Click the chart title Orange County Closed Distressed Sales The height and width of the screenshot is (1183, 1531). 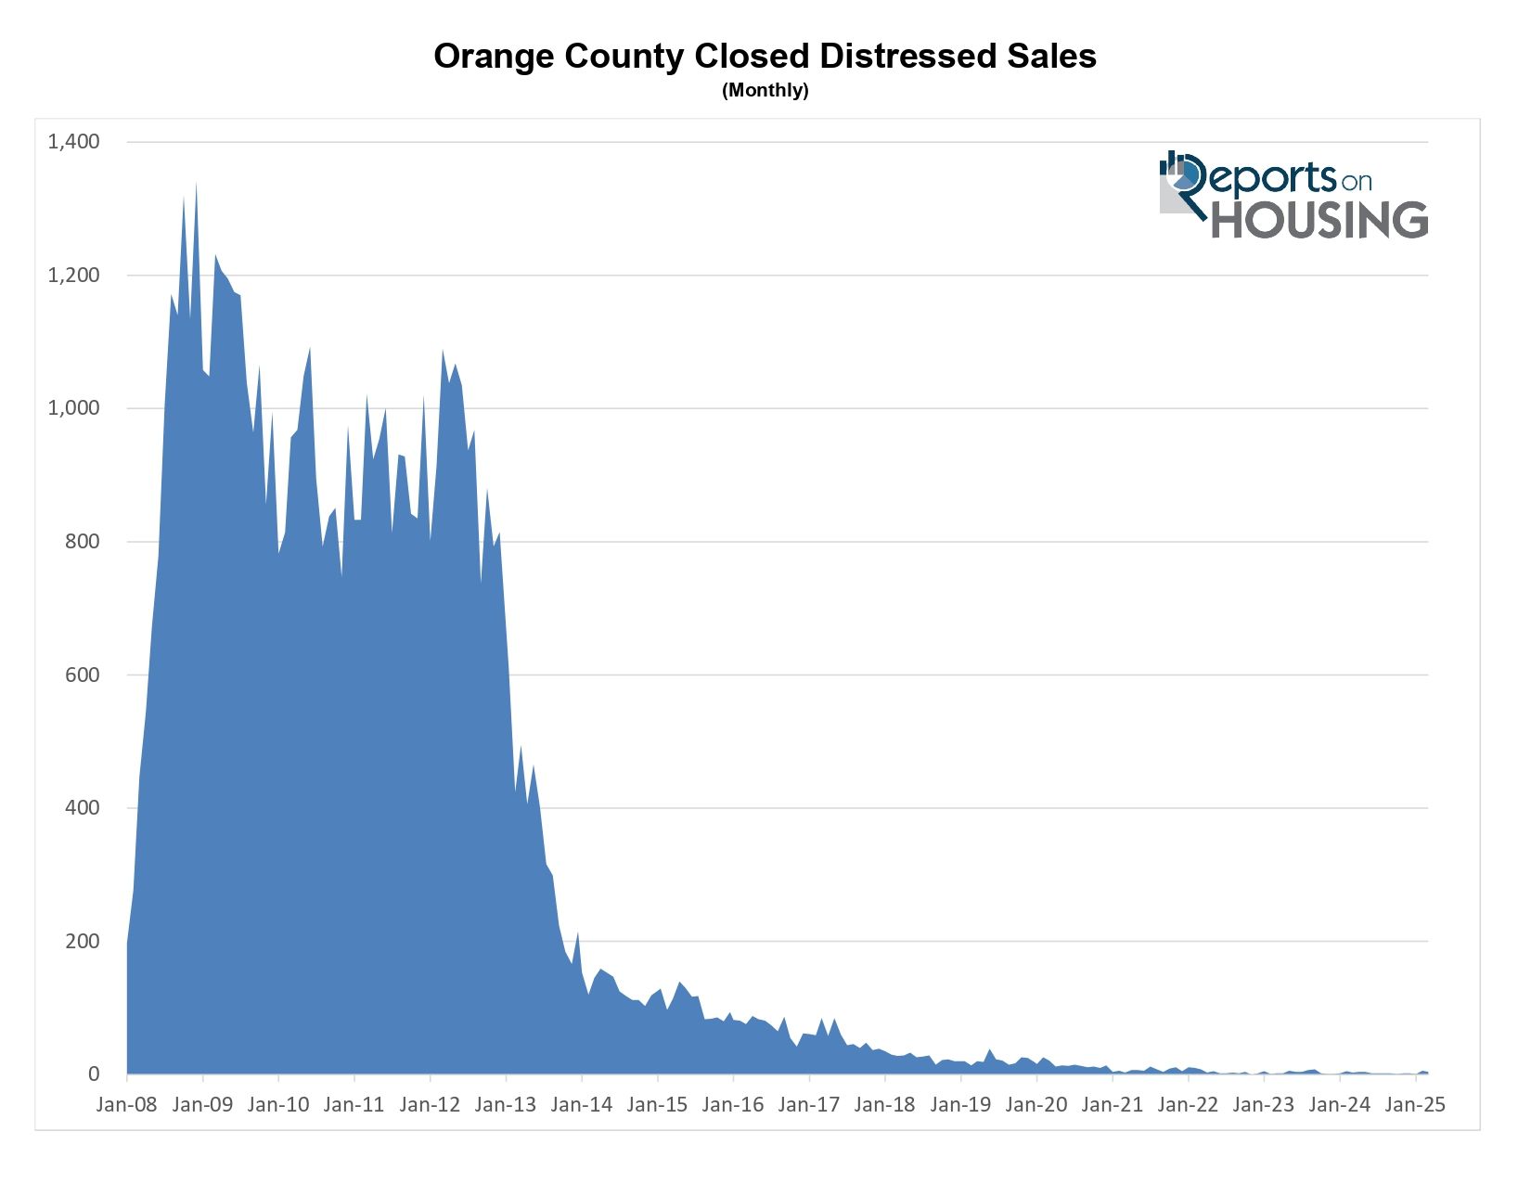coord(765,57)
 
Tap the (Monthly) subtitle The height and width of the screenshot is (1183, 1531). coord(765,91)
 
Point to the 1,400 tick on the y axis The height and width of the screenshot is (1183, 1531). coord(74,142)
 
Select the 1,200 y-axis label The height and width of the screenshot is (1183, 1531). coord(74,276)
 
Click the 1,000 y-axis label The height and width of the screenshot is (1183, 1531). coord(74,408)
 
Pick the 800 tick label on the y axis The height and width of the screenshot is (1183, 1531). coord(83,542)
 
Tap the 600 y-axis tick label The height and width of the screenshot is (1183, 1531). coord(83,675)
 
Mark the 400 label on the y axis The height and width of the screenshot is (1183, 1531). coord(83,808)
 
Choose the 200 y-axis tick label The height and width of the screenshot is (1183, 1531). coord(83,941)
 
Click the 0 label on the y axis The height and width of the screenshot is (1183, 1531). coord(94,1074)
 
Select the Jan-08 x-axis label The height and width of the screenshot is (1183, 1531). coord(127,1105)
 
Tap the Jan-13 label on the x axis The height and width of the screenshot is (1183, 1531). coord(506,1105)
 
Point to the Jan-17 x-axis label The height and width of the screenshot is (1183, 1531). coord(809,1105)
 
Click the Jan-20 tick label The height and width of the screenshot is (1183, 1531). coord(1036,1105)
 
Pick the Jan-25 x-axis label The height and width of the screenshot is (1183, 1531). coord(1415,1105)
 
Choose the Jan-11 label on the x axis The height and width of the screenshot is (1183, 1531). coord(354,1105)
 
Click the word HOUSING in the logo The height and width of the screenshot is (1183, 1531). coord(1319,220)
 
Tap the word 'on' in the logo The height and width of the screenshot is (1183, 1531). coord(1356,181)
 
